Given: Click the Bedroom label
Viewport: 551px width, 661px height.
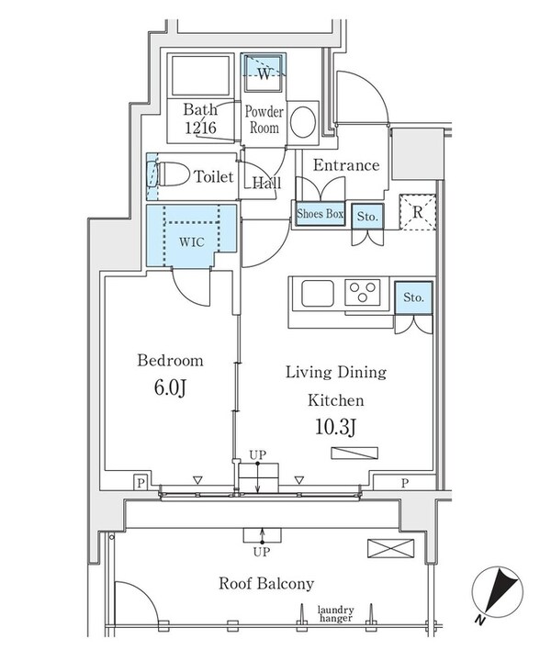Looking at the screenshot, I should tap(170, 361).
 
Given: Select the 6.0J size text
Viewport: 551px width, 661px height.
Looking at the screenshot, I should tap(170, 388).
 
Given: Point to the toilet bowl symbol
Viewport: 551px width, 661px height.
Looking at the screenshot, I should tap(171, 174).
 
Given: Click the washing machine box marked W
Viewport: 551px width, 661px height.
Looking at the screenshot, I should tap(264, 73).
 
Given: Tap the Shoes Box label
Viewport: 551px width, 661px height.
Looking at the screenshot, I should tap(320, 214).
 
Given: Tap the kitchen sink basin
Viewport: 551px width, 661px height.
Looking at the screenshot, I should tap(318, 294).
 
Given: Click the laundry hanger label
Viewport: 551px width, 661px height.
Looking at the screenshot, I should tap(336, 615).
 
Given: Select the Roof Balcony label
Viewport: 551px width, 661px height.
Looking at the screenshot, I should tap(266, 583).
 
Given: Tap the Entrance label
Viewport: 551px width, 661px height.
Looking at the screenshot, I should tap(346, 165).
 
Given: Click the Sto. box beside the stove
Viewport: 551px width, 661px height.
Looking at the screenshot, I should tap(413, 297).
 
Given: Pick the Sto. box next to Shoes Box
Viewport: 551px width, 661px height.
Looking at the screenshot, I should tap(367, 215).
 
